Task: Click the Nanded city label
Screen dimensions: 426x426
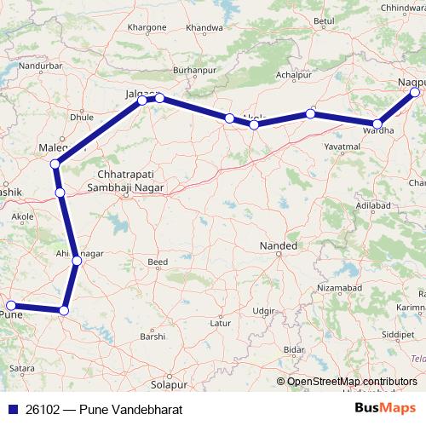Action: coord(278,247)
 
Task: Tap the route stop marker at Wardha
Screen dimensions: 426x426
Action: coord(378,124)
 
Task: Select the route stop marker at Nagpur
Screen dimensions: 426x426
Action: coord(415,92)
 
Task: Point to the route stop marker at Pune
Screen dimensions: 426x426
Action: coord(11,305)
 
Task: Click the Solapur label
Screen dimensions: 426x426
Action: coord(162,372)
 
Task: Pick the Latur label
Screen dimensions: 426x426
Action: coord(222,324)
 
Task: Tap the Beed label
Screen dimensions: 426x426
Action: coord(158,262)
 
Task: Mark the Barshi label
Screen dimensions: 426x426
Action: coord(153,337)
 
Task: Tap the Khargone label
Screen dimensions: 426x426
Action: coord(144,27)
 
